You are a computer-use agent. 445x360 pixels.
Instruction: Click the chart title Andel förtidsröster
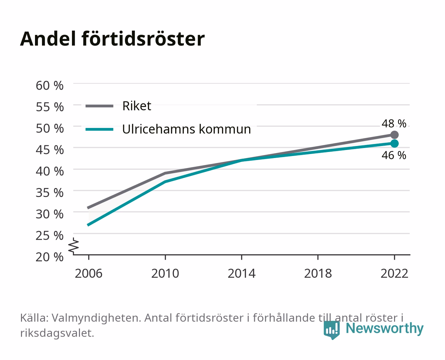(x=112, y=39)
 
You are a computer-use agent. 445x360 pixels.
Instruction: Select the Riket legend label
(x=137, y=106)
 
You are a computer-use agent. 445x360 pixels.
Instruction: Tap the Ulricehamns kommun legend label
(x=186, y=129)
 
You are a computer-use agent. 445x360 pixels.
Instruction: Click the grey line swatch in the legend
(x=100, y=106)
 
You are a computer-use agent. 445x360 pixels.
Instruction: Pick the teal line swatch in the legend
(x=100, y=129)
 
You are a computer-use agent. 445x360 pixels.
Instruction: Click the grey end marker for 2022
(x=394, y=135)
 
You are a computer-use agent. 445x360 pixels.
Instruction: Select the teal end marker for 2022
(x=394, y=144)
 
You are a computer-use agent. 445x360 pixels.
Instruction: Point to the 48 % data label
(x=394, y=124)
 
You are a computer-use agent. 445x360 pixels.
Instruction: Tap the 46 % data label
(x=394, y=155)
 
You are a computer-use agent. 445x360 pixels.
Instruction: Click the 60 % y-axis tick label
(x=50, y=86)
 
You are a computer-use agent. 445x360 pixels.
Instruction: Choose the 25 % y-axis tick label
(x=50, y=236)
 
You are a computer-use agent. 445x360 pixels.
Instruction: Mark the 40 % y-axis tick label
(x=50, y=171)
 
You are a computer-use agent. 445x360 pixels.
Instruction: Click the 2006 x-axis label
(x=89, y=273)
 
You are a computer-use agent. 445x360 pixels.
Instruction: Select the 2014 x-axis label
(x=241, y=273)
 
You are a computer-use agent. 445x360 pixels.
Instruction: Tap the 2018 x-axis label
(x=318, y=273)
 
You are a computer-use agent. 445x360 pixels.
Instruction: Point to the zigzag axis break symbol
(x=74, y=246)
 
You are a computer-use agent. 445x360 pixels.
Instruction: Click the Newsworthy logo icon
(x=331, y=330)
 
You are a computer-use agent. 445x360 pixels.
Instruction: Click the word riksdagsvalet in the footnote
(x=57, y=333)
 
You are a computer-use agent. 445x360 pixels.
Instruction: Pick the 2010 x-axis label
(x=165, y=273)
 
